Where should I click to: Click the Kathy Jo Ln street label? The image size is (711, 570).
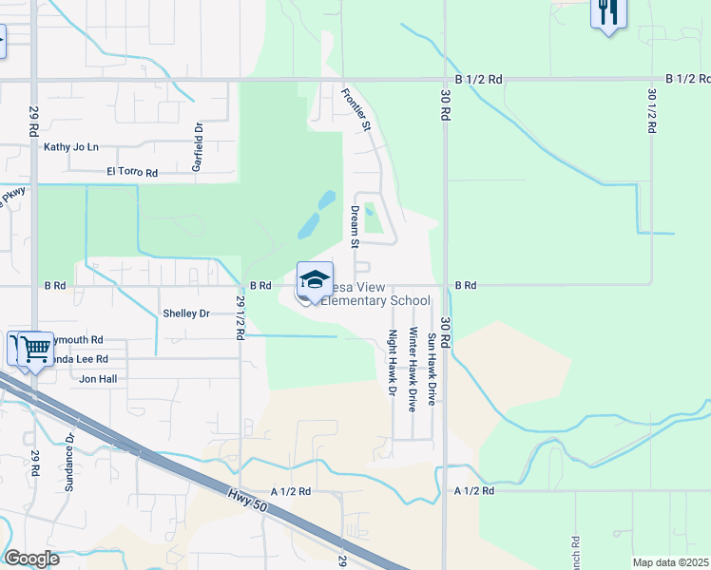(x=71, y=147)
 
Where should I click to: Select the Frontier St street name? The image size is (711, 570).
(x=362, y=110)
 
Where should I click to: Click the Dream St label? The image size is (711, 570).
(x=355, y=226)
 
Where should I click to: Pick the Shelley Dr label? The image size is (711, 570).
(x=185, y=313)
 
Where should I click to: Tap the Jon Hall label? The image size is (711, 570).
(x=97, y=378)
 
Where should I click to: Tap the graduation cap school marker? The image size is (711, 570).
(x=315, y=279)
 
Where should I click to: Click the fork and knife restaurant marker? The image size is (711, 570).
(x=606, y=13)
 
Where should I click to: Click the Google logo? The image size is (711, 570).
(x=31, y=559)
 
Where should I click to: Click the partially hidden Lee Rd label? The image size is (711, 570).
(x=80, y=359)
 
